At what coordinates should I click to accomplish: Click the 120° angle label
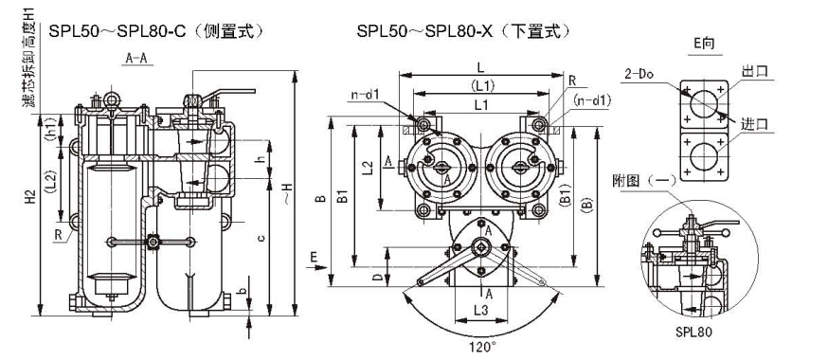click(482, 348)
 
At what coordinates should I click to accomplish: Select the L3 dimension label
click(481, 311)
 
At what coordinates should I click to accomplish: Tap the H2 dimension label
click(31, 197)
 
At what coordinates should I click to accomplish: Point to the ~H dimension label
click(286, 190)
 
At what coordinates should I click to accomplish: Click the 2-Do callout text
click(639, 75)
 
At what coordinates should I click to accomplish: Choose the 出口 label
click(754, 73)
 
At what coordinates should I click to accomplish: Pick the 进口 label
click(754, 125)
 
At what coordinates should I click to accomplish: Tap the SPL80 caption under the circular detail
click(693, 332)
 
